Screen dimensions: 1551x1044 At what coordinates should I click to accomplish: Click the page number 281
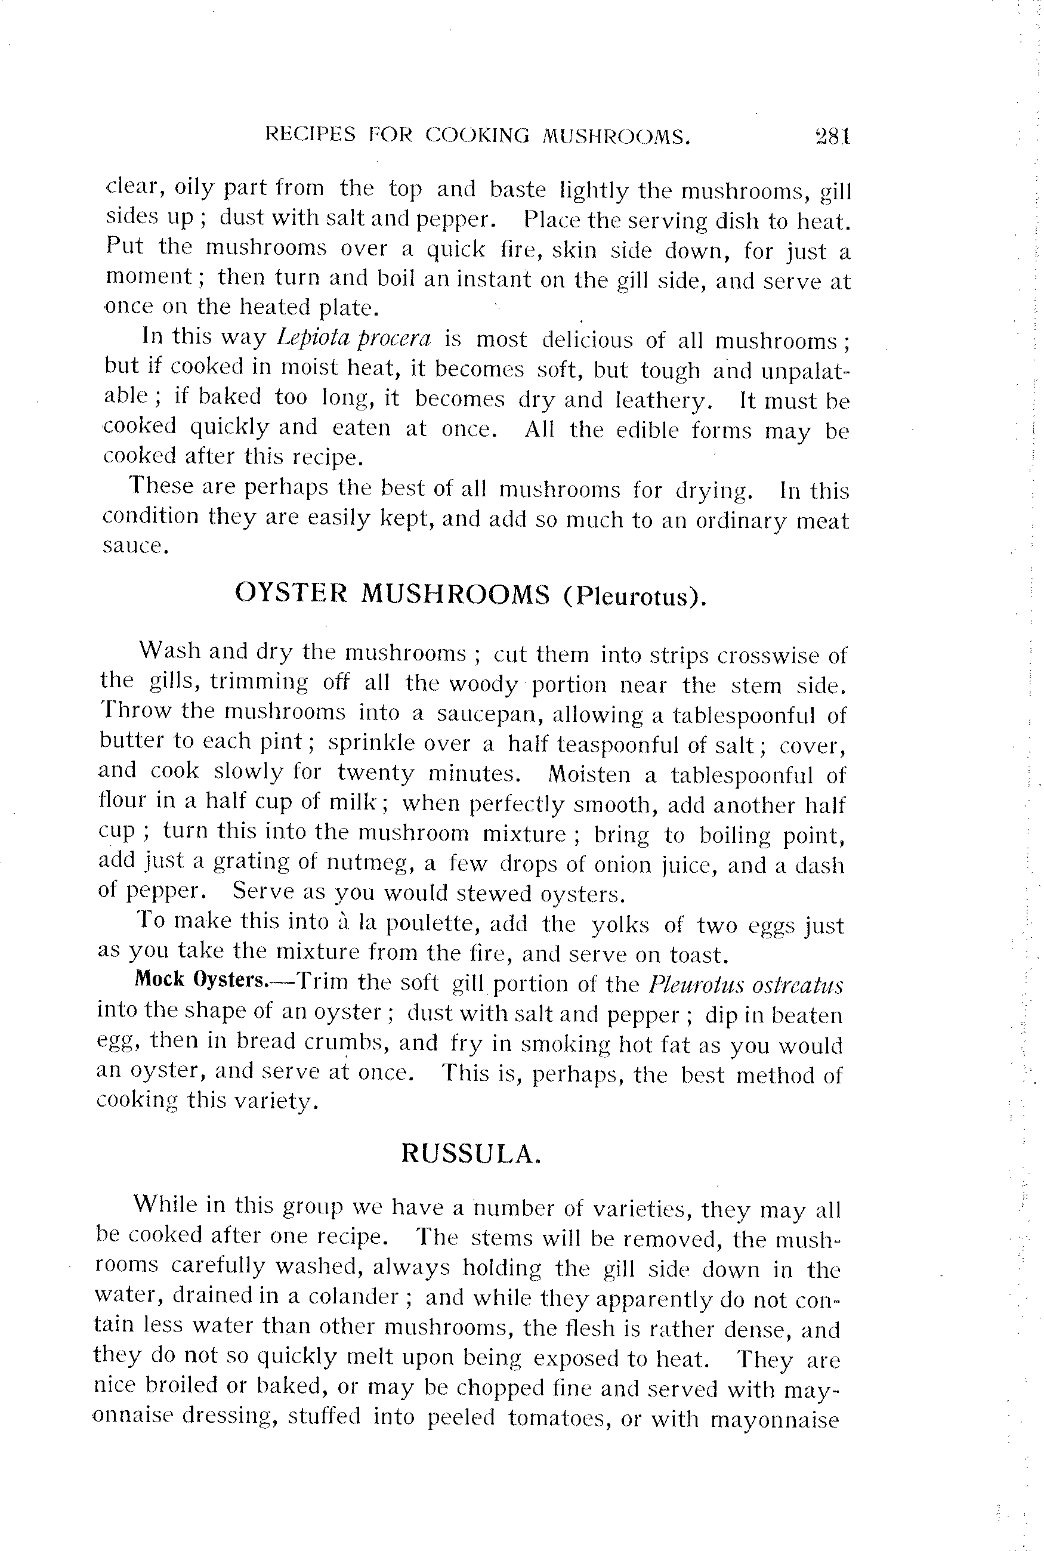pos(832,137)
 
